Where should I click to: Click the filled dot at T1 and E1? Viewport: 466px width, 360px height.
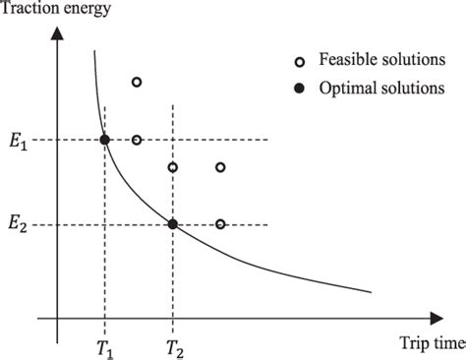point(105,140)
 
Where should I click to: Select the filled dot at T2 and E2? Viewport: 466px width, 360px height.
point(173,224)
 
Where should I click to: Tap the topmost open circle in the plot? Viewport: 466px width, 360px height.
point(137,82)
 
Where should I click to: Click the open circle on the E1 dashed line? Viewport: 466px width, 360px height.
point(137,140)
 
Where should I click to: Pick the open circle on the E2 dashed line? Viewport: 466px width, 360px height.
point(220,224)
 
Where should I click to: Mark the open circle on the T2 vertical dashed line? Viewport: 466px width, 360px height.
point(173,167)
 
